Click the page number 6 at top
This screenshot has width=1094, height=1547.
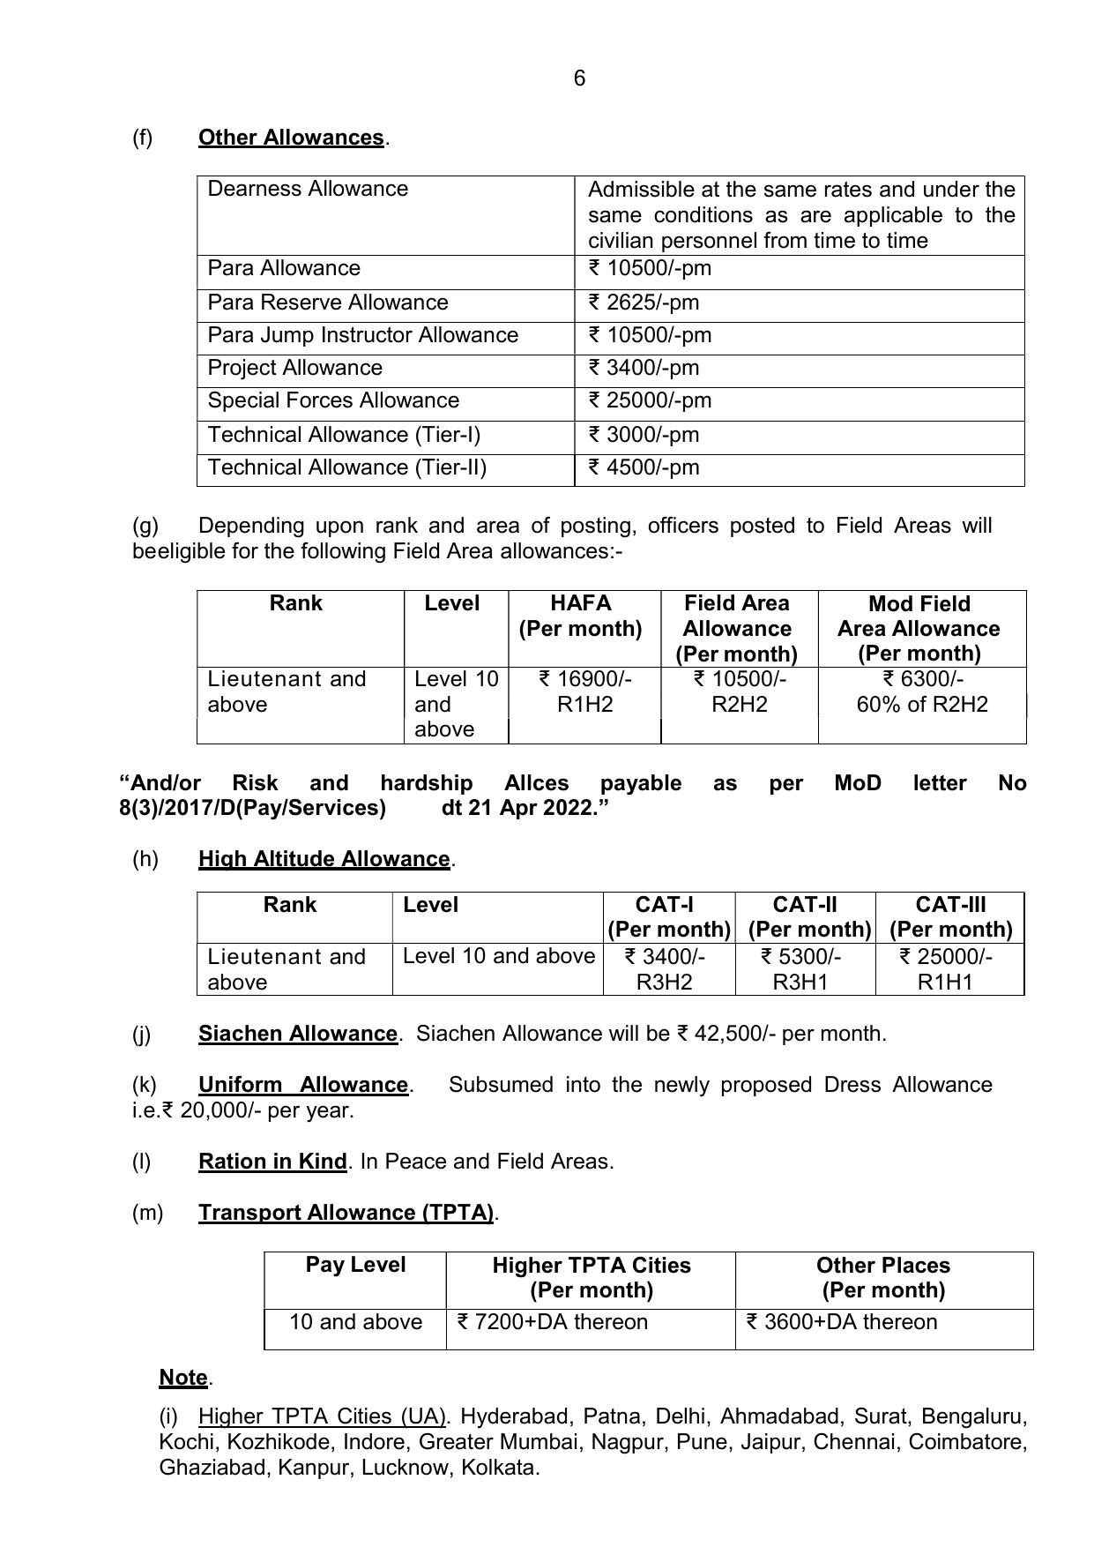coord(579,78)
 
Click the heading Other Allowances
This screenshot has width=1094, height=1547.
coord(291,138)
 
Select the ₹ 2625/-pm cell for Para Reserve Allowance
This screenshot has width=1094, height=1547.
coord(644,303)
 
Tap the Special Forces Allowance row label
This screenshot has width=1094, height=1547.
coord(333,400)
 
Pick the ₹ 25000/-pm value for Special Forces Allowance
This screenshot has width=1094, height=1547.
coord(650,400)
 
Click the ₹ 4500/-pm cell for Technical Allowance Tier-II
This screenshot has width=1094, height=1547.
coord(644,467)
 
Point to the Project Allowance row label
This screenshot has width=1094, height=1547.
coord(294,368)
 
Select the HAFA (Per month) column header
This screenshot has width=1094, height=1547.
coord(580,616)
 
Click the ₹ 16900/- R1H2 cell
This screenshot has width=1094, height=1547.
coord(584,691)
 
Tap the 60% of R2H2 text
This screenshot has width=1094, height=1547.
coord(922,705)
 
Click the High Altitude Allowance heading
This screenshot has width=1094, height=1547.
coord(324,859)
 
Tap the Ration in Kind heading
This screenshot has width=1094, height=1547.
coord(272,1162)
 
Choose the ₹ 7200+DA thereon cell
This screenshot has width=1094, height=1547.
coord(552,1322)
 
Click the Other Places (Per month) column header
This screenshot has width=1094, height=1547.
coord(882,1277)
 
